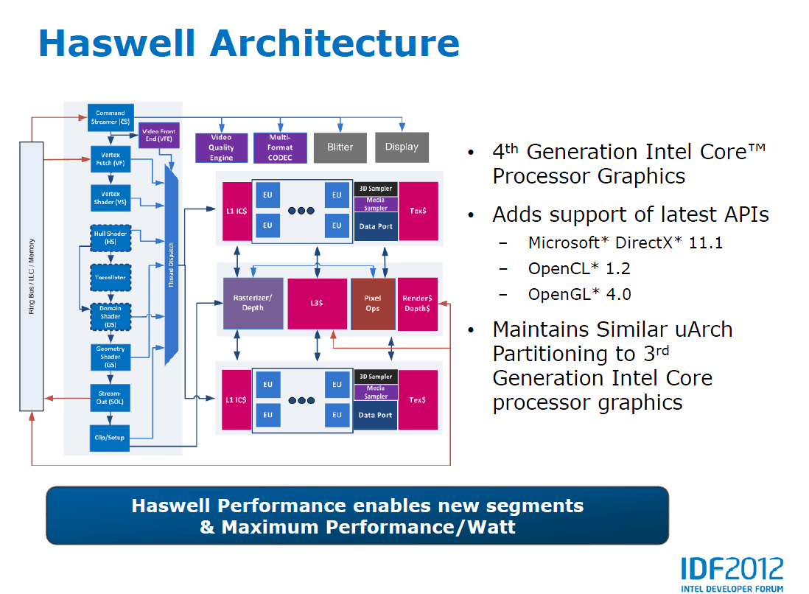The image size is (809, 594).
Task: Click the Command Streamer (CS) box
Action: point(111,117)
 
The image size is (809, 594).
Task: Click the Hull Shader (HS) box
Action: point(111,237)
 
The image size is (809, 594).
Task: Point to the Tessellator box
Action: point(111,277)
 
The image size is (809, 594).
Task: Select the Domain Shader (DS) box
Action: point(111,317)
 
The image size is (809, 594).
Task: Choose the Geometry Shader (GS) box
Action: point(111,357)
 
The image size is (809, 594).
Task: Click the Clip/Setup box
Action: point(110,437)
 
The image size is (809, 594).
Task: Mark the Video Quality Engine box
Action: point(221,147)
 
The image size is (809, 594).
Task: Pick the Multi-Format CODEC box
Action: point(279,147)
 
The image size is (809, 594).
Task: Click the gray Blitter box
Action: point(340,147)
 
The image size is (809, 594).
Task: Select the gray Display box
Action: point(402,147)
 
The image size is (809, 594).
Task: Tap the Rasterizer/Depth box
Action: point(253,304)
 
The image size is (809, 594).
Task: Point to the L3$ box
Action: point(317,304)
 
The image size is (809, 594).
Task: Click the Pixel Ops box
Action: point(373,304)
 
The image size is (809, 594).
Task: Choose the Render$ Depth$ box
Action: point(418,304)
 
